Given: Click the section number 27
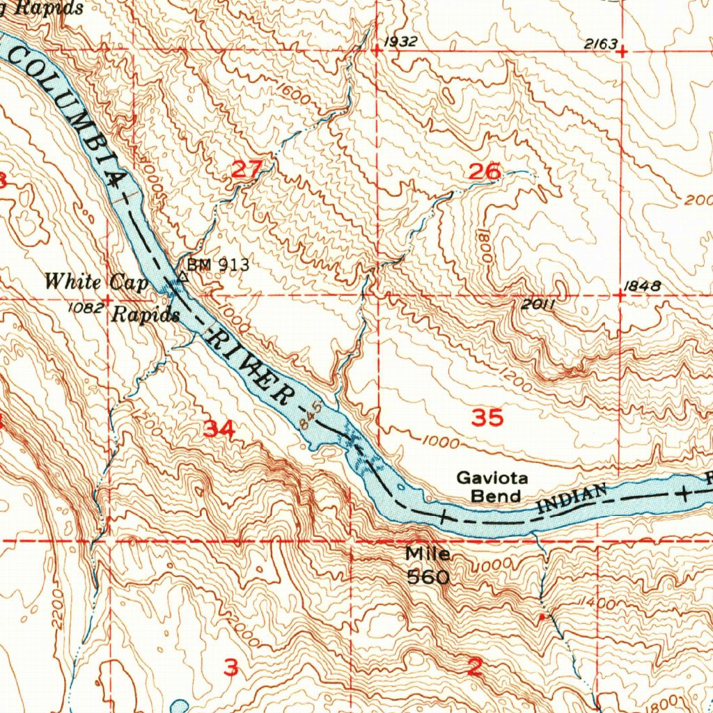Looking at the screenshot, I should click(x=246, y=169).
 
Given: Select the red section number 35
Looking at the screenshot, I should click(x=487, y=418).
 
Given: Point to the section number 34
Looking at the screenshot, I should click(x=219, y=430).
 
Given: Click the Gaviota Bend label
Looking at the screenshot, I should click(x=492, y=487).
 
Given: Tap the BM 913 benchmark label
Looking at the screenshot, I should click(x=217, y=265).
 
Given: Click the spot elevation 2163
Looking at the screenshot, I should click(x=600, y=44).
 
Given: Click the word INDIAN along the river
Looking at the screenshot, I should click(x=572, y=499).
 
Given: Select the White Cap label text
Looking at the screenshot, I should click(x=96, y=282).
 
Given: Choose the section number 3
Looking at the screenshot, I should click(x=231, y=667).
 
